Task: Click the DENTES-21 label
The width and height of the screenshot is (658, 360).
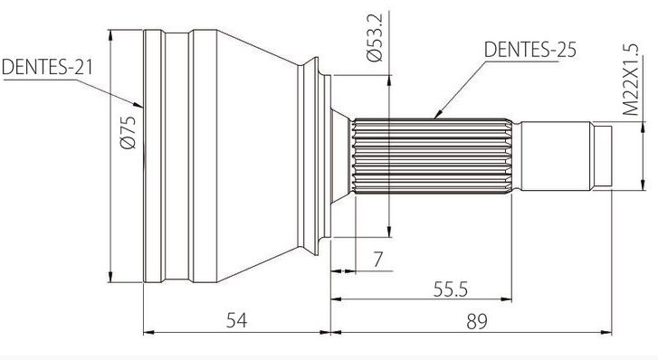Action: (x=47, y=67)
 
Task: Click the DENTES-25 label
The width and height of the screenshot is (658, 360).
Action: (x=530, y=49)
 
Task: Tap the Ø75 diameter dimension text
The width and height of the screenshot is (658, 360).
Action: (x=128, y=132)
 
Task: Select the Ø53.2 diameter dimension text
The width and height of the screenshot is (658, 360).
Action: (x=375, y=38)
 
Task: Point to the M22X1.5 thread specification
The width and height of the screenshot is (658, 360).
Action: (x=630, y=80)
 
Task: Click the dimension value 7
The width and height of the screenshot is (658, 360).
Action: (x=378, y=260)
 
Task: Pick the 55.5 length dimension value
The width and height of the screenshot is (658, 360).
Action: (x=450, y=289)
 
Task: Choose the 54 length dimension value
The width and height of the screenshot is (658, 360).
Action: (x=236, y=320)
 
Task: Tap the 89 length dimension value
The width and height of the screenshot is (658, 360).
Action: (x=477, y=322)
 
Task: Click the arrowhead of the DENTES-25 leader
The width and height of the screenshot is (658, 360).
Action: (x=437, y=114)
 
